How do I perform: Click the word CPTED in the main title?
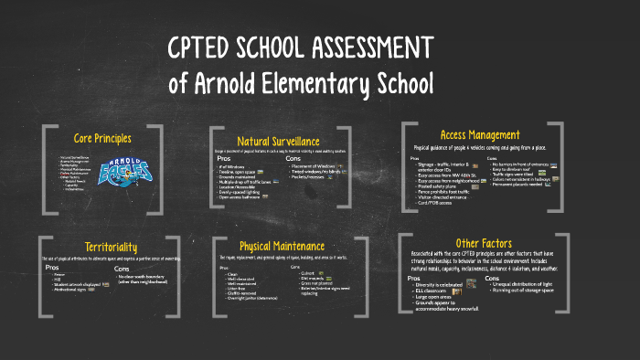pyautogui.click(x=208, y=49)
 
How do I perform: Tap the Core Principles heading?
pyautogui.click(x=103, y=138)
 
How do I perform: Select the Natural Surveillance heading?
pyautogui.click(x=278, y=141)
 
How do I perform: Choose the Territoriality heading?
pyautogui.click(x=113, y=247)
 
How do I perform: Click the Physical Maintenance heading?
pyautogui.click(x=283, y=246)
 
